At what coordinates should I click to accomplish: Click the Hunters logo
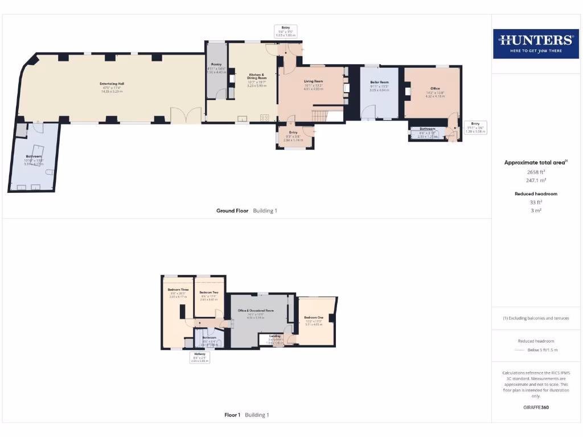535,43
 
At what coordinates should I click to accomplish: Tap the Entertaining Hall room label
112,84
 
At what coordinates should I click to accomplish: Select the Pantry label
216,65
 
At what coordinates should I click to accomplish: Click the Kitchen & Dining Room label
256,77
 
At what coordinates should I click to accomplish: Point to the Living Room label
313,82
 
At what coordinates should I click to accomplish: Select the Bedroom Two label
209,292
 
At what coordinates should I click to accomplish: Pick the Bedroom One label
313,318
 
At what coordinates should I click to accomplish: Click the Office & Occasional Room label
256,311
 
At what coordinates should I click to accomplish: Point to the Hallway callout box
200,357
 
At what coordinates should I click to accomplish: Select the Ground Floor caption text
232,211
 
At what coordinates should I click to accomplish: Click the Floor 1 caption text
233,415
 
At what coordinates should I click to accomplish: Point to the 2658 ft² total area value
536,171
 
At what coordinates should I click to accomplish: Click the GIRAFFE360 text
536,407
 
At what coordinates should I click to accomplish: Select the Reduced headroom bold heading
536,194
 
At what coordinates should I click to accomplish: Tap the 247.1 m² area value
536,180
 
